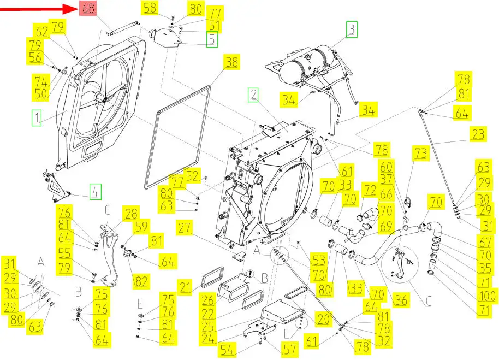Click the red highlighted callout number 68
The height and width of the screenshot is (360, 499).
click(x=87, y=8)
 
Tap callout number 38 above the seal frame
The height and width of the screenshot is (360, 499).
click(x=232, y=62)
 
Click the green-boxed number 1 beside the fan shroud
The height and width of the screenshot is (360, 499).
click(x=36, y=118)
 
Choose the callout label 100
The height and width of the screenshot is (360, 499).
click(x=486, y=297)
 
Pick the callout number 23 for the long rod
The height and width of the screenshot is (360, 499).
click(x=478, y=134)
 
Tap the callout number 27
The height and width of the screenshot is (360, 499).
click(x=184, y=228)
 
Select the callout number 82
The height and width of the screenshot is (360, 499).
click(x=141, y=281)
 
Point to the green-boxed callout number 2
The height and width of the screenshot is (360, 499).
click(x=253, y=96)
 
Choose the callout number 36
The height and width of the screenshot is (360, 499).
click(x=401, y=300)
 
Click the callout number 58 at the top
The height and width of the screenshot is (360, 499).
click(x=150, y=8)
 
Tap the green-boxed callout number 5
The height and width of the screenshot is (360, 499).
click(x=211, y=39)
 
